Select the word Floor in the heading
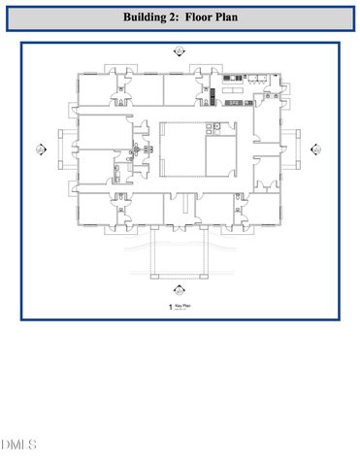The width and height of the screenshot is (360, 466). [207, 17]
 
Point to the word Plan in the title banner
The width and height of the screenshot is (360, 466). [238, 17]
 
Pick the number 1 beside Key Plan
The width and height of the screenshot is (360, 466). [171, 307]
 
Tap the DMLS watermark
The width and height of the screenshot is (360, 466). [18, 446]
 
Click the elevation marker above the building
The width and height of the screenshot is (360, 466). [180, 50]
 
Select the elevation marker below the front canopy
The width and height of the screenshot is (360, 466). [180, 288]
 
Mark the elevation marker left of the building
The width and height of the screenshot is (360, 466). [40, 150]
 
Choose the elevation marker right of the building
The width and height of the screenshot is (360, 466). [316, 150]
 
